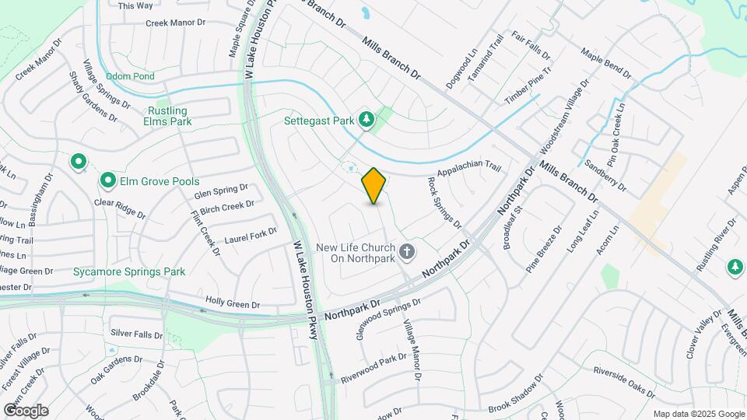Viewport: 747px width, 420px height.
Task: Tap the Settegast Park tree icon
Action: tap(366, 119)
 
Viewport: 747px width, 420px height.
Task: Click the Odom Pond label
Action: tap(130, 76)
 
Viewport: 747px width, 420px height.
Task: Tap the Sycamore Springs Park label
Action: tap(129, 271)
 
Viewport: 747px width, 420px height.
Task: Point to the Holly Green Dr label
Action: tap(231, 300)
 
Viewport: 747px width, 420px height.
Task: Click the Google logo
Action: tap(26, 410)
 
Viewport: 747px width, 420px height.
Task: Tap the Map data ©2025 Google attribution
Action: tap(698, 414)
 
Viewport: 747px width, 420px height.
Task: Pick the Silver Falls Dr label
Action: tap(137, 334)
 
